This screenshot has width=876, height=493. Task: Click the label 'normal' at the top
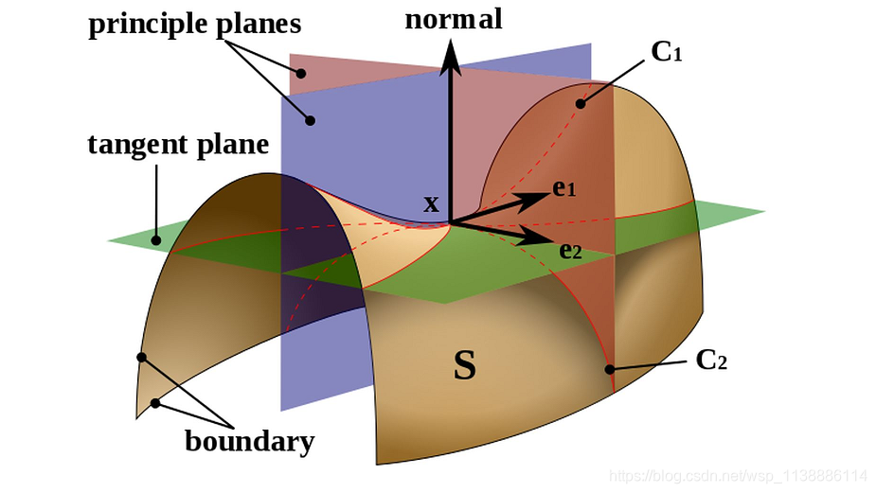pyautogui.click(x=453, y=19)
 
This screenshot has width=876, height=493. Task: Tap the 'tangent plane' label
pyautogui.click(x=178, y=146)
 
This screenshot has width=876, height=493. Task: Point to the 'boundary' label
pyautogui.click(x=249, y=441)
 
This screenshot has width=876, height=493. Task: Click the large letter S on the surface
pyautogui.click(x=464, y=366)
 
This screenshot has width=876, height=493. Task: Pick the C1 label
pyautogui.click(x=667, y=52)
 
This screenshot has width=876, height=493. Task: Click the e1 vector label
pyautogui.click(x=564, y=189)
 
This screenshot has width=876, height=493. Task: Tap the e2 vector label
pyautogui.click(x=570, y=251)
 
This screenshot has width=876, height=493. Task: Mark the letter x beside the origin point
pyautogui.click(x=432, y=203)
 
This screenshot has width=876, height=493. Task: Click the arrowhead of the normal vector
pyautogui.click(x=452, y=57)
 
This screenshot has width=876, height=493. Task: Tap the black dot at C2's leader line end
pyautogui.click(x=611, y=369)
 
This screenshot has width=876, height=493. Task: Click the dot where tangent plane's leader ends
pyautogui.click(x=155, y=242)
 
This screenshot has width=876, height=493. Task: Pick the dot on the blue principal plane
pyautogui.click(x=309, y=119)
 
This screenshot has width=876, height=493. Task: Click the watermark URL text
pyautogui.click(x=738, y=475)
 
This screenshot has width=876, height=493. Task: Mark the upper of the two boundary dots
pyautogui.click(x=141, y=358)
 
